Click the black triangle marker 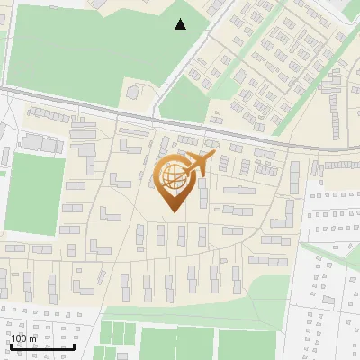(x=181, y=24)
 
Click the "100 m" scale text (x=24, y=338)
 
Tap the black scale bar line (x=41, y=346)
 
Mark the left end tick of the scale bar (x=10, y=345)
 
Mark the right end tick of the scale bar (x=74, y=345)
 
